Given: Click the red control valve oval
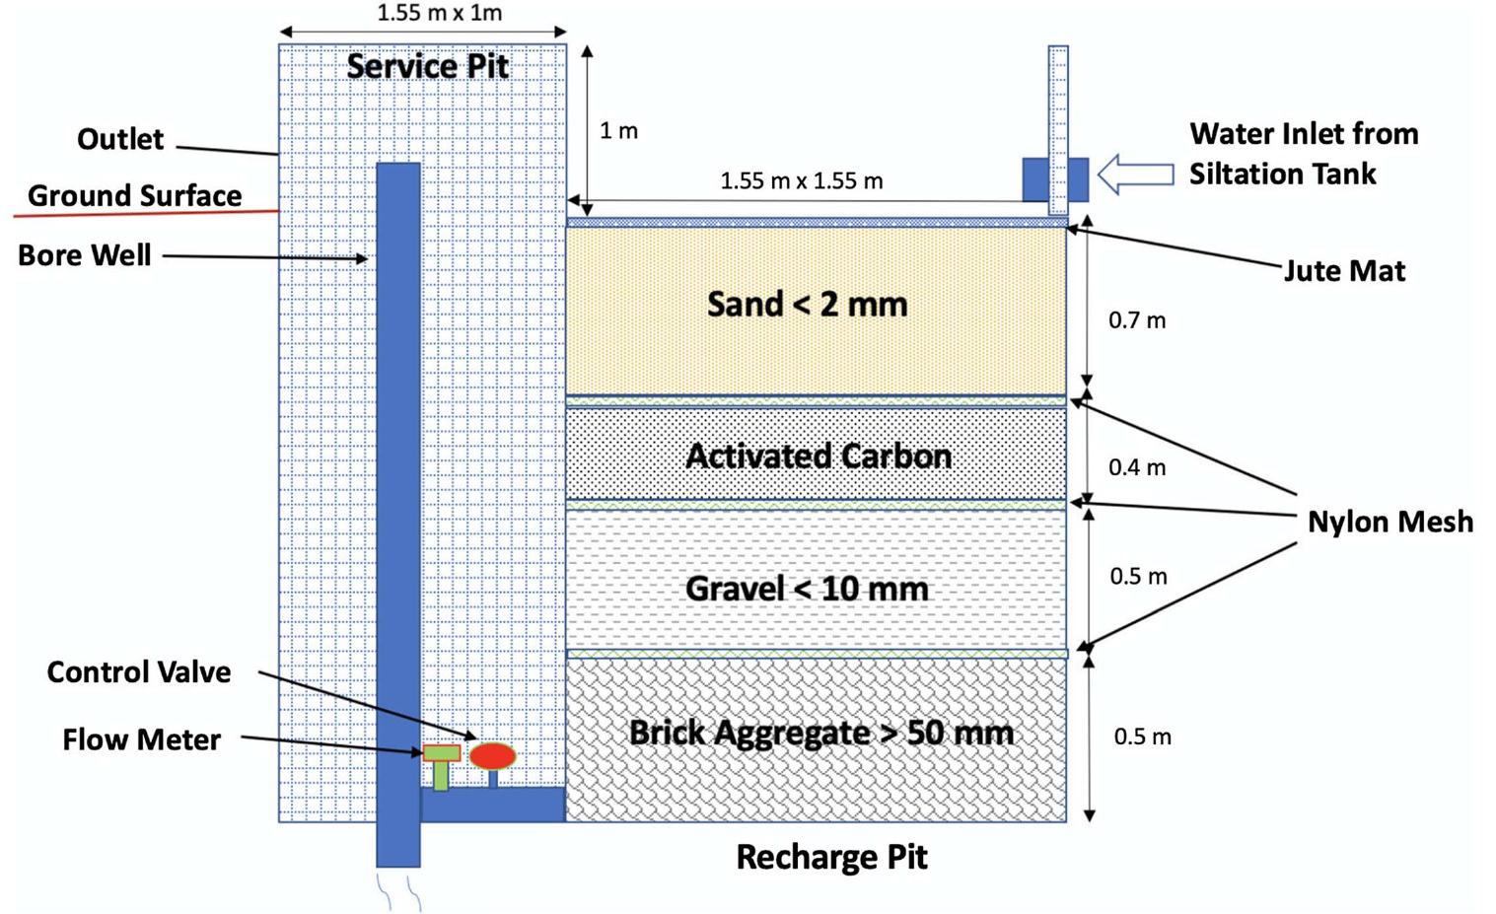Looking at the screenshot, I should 492,756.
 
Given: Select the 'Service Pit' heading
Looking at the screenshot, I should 427,66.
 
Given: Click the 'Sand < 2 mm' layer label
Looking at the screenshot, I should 807,304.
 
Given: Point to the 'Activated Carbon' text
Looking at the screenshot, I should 819,456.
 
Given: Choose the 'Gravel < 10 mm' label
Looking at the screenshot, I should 807,589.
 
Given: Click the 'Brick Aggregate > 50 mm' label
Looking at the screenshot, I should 820,733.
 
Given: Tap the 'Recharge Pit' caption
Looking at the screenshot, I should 831,857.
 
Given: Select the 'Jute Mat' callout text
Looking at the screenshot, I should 1344,270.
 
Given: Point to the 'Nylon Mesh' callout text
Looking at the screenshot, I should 1389,522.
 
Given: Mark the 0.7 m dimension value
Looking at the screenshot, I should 1137,320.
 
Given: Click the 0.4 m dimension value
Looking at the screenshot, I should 1137,467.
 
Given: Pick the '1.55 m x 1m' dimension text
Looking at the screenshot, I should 439,13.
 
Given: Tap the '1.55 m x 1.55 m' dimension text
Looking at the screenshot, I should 801,181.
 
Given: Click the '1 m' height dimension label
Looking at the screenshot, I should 618,130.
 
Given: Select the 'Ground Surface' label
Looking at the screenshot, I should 134,195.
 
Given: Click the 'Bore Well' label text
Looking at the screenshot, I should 85,255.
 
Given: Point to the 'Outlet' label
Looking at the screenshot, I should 119,139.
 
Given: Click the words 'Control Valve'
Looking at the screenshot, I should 139,672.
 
